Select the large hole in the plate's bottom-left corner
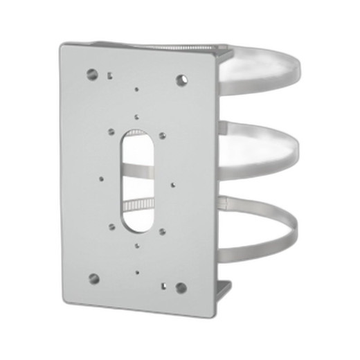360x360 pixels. tap(93, 278)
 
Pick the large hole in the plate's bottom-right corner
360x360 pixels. tap(181, 287)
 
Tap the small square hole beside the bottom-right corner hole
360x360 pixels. tap(165, 285)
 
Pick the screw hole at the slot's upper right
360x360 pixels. tap(162, 136)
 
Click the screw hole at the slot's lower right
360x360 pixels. tap(162, 231)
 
